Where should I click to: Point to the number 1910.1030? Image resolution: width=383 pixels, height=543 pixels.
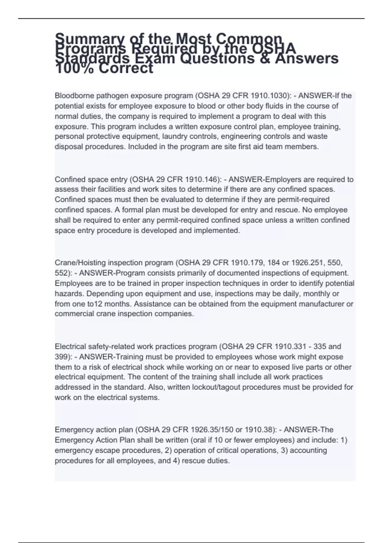click(268, 96)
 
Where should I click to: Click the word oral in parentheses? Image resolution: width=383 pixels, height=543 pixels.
click(198, 440)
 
